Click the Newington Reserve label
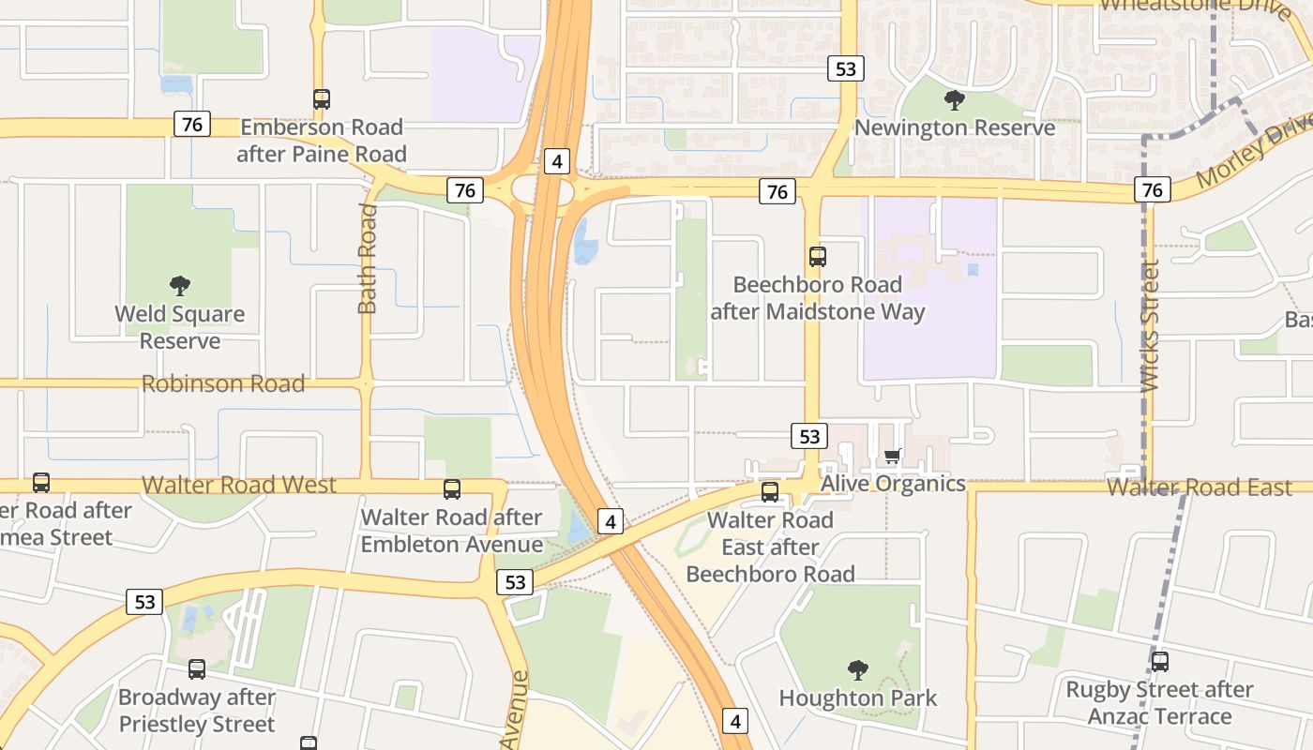(955, 127)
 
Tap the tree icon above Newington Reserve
(955, 99)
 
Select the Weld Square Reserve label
(180, 327)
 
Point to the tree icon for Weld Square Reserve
(180, 286)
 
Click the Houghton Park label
(857, 698)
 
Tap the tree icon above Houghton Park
(857, 670)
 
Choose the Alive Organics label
(893, 484)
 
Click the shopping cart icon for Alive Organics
(893, 457)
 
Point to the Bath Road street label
(367, 259)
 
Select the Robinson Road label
(223, 383)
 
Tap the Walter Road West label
(238, 485)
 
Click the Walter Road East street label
(1199, 487)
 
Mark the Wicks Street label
(1150, 325)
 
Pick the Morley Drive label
(1255, 153)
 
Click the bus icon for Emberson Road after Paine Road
(322, 99)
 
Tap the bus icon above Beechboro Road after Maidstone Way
(818, 257)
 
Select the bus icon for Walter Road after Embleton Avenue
(452, 489)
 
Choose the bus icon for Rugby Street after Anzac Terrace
(1160, 662)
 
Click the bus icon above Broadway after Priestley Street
(197, 669)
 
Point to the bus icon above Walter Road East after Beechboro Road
(770, 492)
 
